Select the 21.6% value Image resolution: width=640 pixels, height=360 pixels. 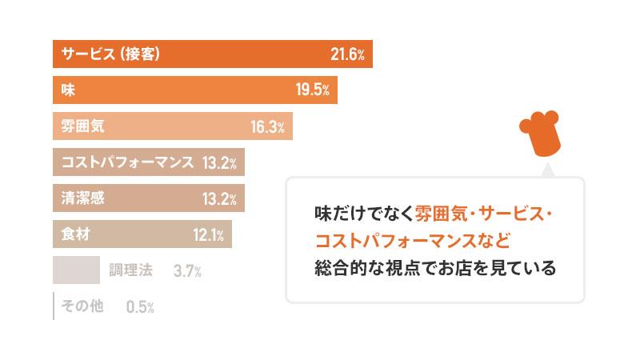347,54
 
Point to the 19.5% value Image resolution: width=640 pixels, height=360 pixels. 313,90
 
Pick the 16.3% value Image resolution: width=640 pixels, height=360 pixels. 267,126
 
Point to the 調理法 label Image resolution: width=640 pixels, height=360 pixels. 130,270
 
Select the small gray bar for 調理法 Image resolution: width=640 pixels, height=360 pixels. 76,270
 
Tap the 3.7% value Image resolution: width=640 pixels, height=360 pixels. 186,271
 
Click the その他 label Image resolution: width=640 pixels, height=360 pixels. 82,306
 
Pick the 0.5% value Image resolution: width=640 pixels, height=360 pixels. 140,307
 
